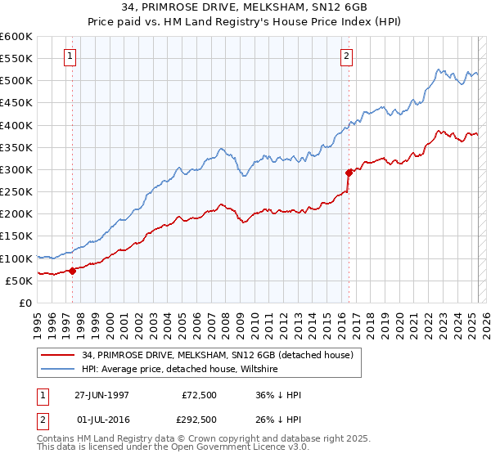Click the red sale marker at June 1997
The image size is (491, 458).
tap(72, 271)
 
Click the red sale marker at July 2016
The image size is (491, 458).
tap(349, 173)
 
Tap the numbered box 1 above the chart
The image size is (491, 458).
tap(70, 56)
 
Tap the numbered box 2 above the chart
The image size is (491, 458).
tap(347, 56)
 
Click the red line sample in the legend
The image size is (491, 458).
tap(57, 355)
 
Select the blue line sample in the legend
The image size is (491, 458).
tap(57, 370)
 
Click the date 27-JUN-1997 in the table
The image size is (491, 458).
tap(101, 395)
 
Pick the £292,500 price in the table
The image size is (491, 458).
tap(198, 420)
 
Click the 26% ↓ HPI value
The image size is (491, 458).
tap(278, 420)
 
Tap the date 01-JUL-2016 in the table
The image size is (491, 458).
tap(101, 420)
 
